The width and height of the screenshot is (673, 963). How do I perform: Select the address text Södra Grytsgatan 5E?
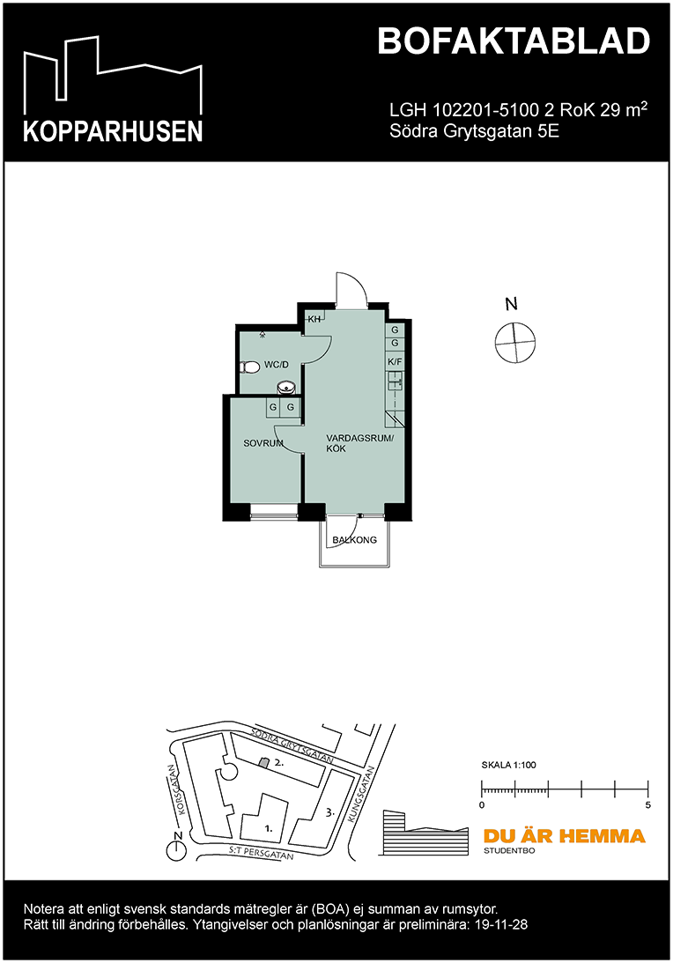475,132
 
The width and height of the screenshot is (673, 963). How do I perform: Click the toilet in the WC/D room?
248,367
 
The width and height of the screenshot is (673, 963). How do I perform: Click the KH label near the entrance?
313,319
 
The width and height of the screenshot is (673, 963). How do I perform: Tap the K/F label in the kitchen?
395,361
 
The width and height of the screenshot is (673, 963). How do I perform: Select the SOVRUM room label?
263,443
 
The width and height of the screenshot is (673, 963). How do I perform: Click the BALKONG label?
354,540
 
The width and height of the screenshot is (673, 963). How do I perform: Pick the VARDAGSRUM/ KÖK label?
361,443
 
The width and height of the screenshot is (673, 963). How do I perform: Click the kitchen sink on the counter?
396,381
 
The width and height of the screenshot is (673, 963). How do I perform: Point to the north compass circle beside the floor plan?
514,342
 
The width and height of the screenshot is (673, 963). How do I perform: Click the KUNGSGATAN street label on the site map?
362,794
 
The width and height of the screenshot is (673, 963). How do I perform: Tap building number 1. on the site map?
268,828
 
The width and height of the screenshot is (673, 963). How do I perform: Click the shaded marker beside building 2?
263,762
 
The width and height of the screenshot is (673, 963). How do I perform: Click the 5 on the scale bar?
648,805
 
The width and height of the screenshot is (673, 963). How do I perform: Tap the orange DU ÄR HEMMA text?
563,836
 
